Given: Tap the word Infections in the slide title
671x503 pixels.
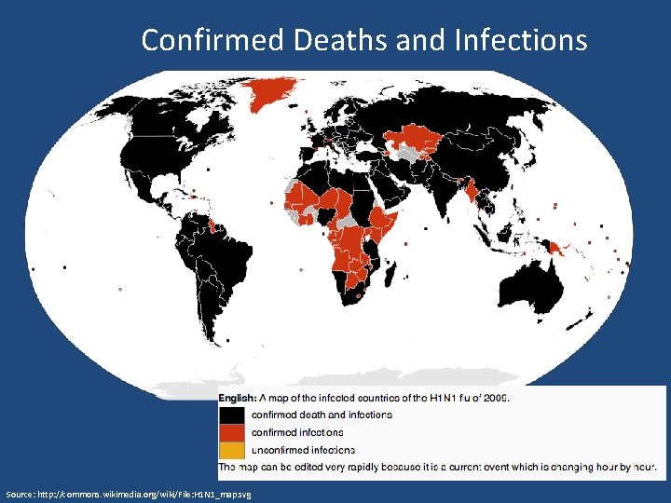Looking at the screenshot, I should (521, 41).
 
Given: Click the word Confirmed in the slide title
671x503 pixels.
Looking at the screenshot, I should (213, 41).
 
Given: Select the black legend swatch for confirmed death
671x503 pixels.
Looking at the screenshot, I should (233, 415).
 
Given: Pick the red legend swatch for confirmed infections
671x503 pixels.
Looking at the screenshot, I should (233, 432).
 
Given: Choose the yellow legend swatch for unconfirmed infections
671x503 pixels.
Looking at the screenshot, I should (233, 450).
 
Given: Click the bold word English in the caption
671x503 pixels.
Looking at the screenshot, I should (237, 398).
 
